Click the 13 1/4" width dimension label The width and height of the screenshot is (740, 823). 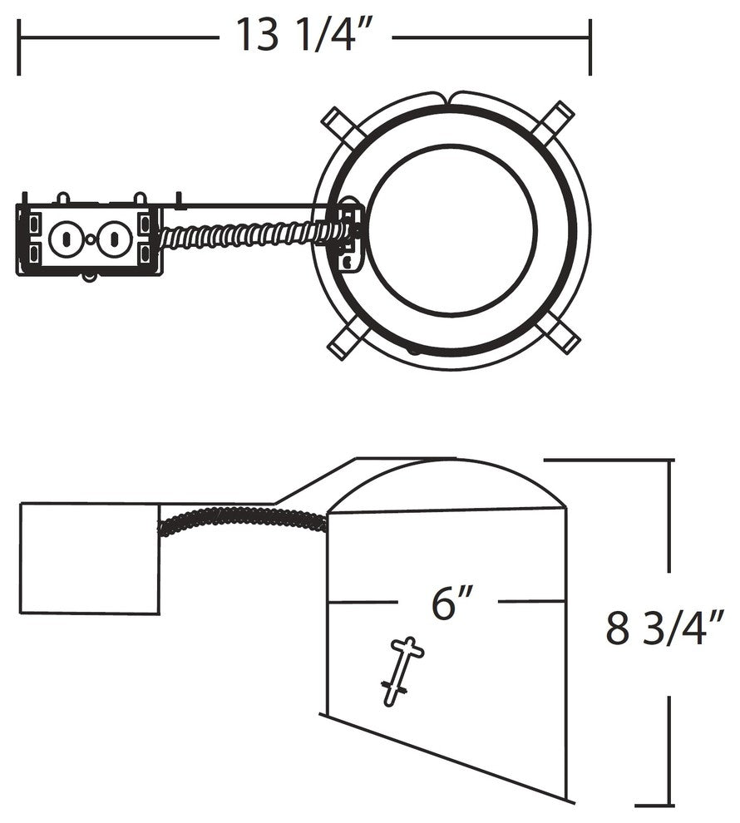305,35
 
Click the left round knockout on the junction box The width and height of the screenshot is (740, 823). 66,239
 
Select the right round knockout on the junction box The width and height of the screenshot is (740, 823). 115,239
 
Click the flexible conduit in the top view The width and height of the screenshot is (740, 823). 252,235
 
